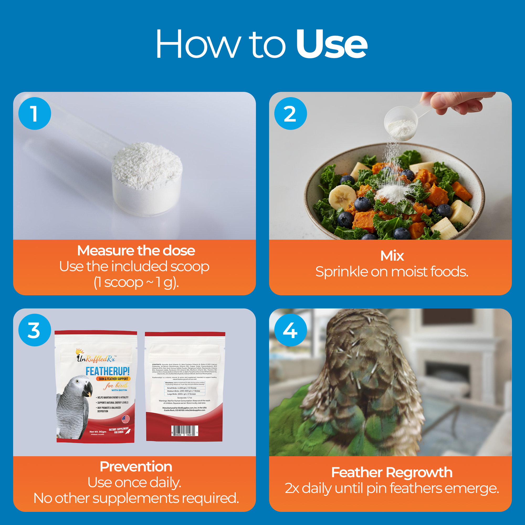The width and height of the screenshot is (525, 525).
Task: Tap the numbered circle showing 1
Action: (x=34, y=113)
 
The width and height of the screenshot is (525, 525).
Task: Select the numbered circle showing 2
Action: (x=291, y=113)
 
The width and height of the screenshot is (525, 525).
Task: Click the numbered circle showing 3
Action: (x=34, y=330)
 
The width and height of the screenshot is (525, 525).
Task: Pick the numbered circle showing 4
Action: (x=291, y=330)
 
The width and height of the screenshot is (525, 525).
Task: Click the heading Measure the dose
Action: (x=136, y=250)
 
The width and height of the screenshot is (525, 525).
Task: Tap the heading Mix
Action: (x=392, y=256)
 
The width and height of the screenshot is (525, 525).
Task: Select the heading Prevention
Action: (x=136, y=466)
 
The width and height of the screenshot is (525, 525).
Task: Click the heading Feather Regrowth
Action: (x=392, y=472)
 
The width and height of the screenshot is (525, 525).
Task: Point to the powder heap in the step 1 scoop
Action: (x=147, y=166)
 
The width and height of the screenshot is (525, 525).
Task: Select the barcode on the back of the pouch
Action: (x=185, y=431)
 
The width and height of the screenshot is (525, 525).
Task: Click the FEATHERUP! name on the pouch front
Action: (x=108, y=371)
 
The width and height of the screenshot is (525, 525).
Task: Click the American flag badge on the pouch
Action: (x=125, y=419)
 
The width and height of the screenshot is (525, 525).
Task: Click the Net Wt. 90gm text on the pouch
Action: (x=98, y=432)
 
